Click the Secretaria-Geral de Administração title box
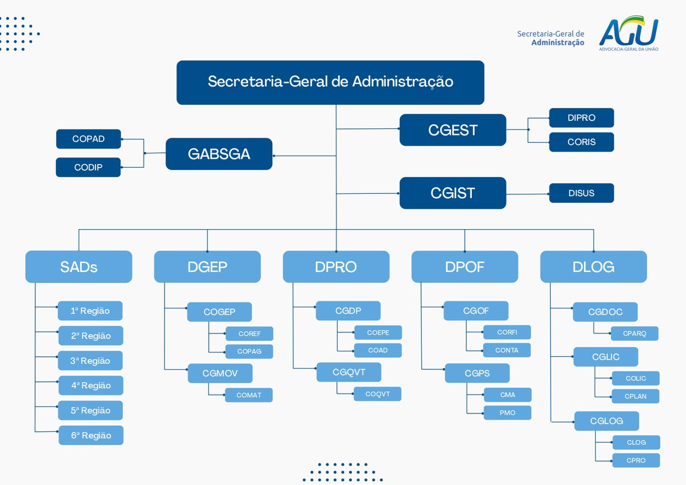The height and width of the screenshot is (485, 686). pyautogui.click(x=330, y=82)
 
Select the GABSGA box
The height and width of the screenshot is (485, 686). pyautogui.click(x=219, y=154)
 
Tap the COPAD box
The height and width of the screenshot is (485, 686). pyautogui.click(x=88, y=139)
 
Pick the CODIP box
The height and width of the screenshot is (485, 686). pyautogui.click(x=88, y=168)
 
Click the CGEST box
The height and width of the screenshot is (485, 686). pyautogui.click(x=453, y=130)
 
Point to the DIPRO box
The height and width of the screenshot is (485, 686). pyautogui.click(x=581, y=118)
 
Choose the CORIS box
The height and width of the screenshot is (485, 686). pyautogui.click(x=581, y=143)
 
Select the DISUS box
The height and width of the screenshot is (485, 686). pyautogui.click(x=581, y=193)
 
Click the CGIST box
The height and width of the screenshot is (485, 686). pyautogui.click(x=453, y=193)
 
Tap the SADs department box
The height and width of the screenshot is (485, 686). pyautogui.click(x=79, y=267)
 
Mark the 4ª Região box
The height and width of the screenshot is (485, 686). pyautogui.click(x=91, y=385)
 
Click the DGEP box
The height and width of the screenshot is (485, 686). pyautogui.click(x=207, y=267)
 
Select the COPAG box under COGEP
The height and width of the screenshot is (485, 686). pyautogui.click(x=249, y=351)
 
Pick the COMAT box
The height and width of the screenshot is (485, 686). pyautogui.click(x=249, y=395)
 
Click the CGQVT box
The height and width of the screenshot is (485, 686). pyautogui.click(x=348, y=372)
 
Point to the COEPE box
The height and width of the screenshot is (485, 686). pyautogui.click(x=378, y=333)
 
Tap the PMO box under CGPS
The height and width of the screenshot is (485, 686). pyautogui.click(x=507, y=413)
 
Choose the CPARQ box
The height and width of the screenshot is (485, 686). pyautogui.click(x=635, y=333)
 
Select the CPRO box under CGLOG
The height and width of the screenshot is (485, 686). pyautogui.click(x=636, y=461)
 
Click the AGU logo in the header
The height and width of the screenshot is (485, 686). pyautogui.click(x=629, y=33)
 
